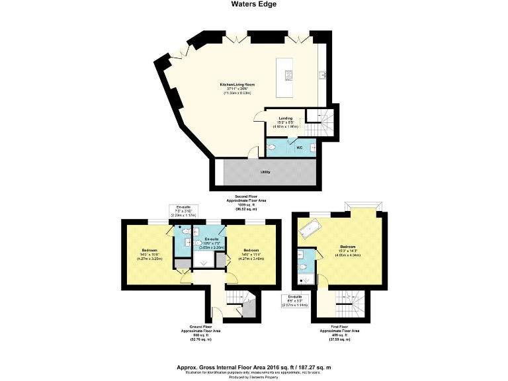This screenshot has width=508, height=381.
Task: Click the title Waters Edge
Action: click(254, 4)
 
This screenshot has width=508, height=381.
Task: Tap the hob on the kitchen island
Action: click(288, 73)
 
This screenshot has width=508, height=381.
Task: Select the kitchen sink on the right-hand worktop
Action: click(322, 74)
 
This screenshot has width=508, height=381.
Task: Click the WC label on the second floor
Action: click(299, 148)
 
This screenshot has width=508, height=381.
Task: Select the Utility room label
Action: click(265, 172)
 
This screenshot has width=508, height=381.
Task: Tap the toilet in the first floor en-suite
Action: click(303, 267)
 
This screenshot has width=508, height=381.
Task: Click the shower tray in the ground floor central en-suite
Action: click(204, 261)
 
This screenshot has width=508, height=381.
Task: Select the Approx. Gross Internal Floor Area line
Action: click(253, 366)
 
